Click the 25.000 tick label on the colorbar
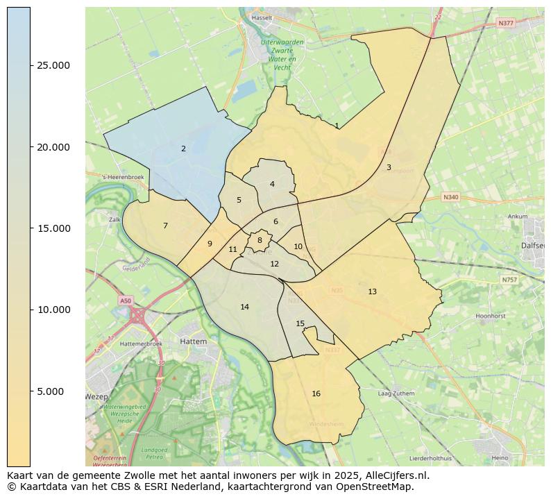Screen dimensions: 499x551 53,65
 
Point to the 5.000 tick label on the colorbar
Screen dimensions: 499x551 50,391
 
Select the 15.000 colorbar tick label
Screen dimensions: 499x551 53,228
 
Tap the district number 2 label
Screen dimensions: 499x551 183,149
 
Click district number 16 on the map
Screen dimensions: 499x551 316,394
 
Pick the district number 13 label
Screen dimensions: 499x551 372,291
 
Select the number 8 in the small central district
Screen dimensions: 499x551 260,240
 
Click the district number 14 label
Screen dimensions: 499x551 244,307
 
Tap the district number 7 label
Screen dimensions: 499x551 165,226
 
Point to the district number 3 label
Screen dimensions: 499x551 389,167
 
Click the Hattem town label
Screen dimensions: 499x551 189,341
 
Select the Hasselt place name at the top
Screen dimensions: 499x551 262,16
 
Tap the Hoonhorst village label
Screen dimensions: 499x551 489,316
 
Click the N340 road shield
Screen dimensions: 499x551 450,197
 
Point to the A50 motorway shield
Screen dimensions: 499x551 125,301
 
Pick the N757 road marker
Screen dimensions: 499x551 509,279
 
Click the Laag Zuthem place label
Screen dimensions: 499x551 396,394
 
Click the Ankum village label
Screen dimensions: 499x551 518,216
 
